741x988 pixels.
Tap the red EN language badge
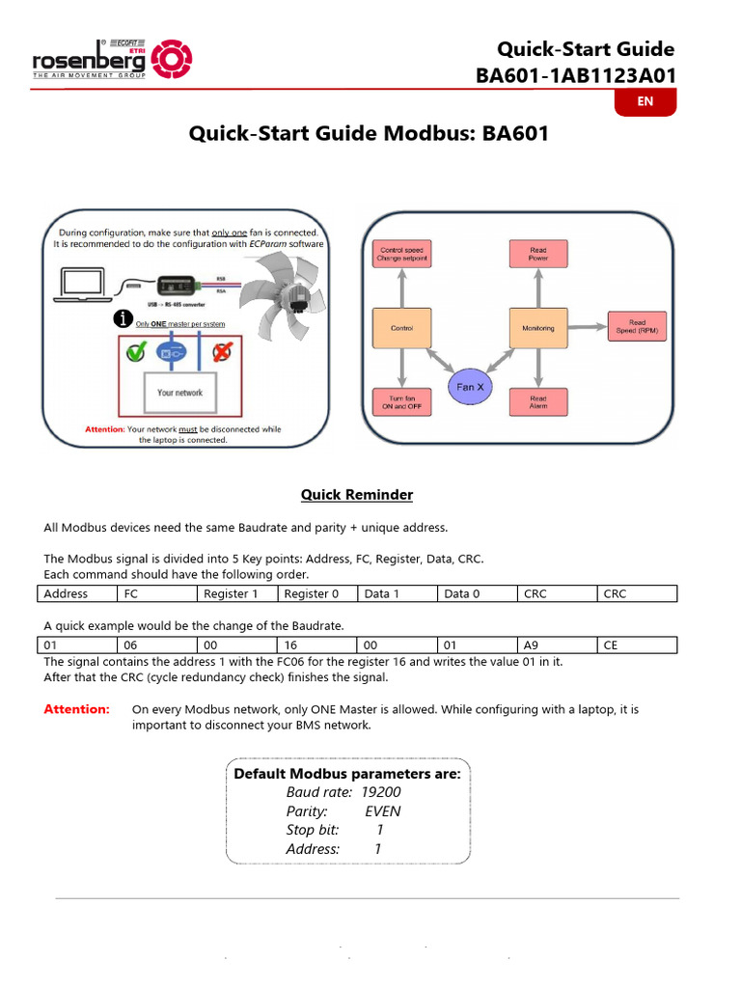point(645,101)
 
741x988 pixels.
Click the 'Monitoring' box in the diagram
point(537,328)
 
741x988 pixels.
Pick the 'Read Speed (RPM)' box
point(637,327)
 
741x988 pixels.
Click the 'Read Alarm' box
point(537,401)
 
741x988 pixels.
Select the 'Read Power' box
point(537,255)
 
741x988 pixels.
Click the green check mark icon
point(136,352)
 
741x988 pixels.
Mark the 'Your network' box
point(180,393)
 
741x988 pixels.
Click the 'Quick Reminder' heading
point(357,495)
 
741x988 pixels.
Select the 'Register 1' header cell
point(236,593)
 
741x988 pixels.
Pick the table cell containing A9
point(557,645)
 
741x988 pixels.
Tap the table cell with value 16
point(316,645)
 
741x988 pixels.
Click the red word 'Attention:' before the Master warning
point(77,709)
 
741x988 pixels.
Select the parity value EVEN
point(382,811)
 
